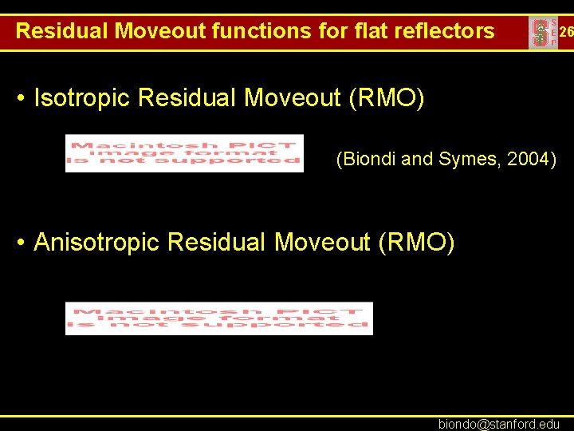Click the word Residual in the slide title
(62, 31)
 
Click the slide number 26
(566, 33)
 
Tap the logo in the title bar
(543, 33)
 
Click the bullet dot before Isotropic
(22, 99)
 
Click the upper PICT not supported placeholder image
(184, 152)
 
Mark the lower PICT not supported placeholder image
(218, 318)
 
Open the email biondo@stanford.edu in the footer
(499, 424)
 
